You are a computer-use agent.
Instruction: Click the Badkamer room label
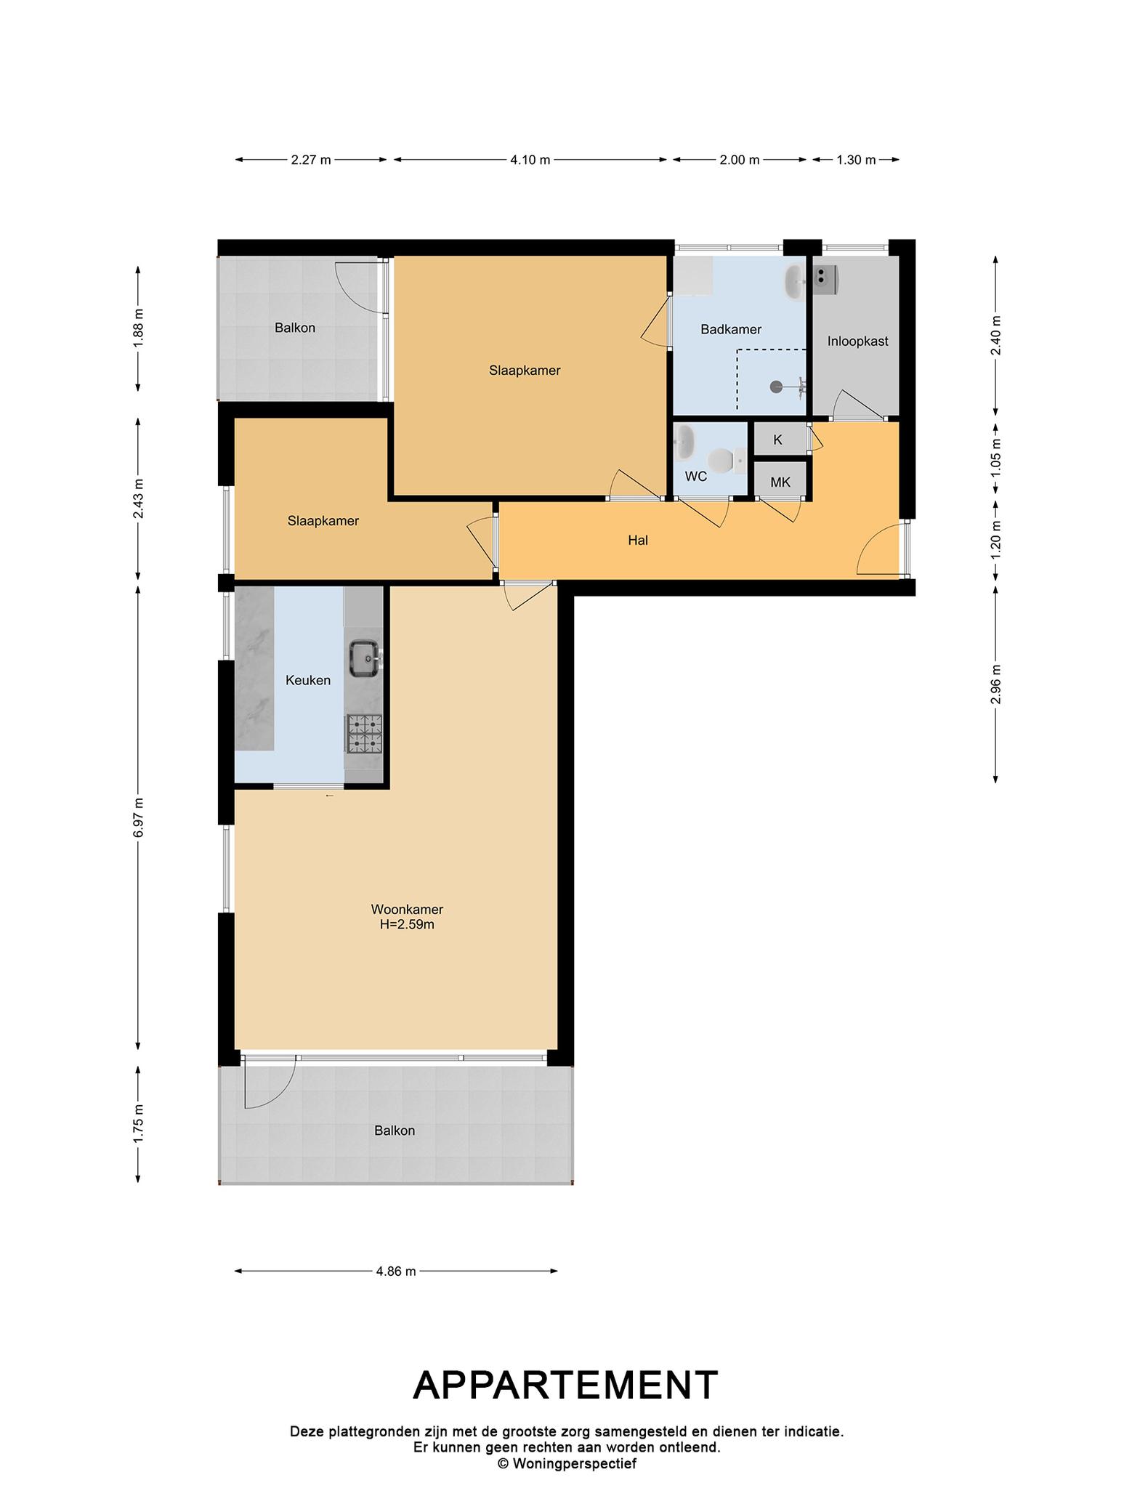[731, 329]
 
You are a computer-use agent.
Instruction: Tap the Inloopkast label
[857, 341]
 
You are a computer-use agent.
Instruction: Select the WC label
[696, 477]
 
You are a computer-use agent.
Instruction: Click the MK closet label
[780, 482]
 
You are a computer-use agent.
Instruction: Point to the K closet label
[778, 440]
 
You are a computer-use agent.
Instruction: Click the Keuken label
[308, 681]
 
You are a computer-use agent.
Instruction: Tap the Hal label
[638, 541]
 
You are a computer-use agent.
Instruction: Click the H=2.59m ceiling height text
[407, 925]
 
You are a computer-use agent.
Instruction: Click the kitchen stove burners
[365, 734]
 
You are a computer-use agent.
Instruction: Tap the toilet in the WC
[724, 460]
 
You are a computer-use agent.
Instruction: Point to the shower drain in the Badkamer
[777, 387]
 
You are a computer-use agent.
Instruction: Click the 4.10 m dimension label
[530, 160]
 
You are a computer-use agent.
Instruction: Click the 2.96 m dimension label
[995, 684]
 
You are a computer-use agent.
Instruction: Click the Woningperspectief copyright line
[567, 1464]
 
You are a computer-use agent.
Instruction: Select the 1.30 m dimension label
[856, 160]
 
